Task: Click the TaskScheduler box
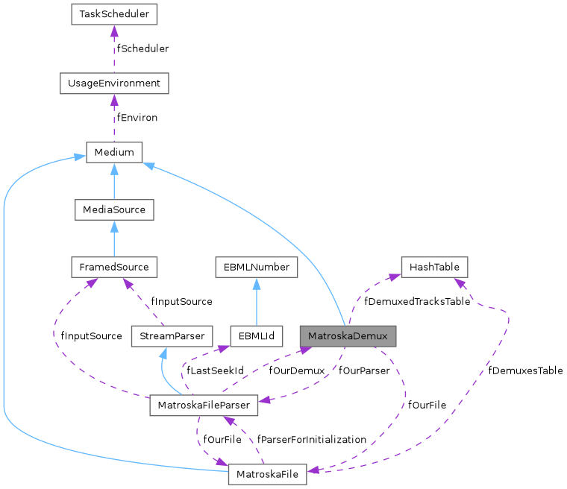[114, 14]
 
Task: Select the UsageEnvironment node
[114, 83]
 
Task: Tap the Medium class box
[114, 153]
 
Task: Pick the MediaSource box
[114, 210]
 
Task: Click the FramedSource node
[114, 266]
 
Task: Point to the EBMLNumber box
[256, 266]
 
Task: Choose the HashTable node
[435, 266]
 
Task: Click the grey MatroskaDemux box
[348, 335]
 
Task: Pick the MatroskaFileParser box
[204, 405]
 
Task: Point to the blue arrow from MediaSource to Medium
[114, 182]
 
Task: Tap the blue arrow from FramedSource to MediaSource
[114, 239]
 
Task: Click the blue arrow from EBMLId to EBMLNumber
[256, 301]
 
